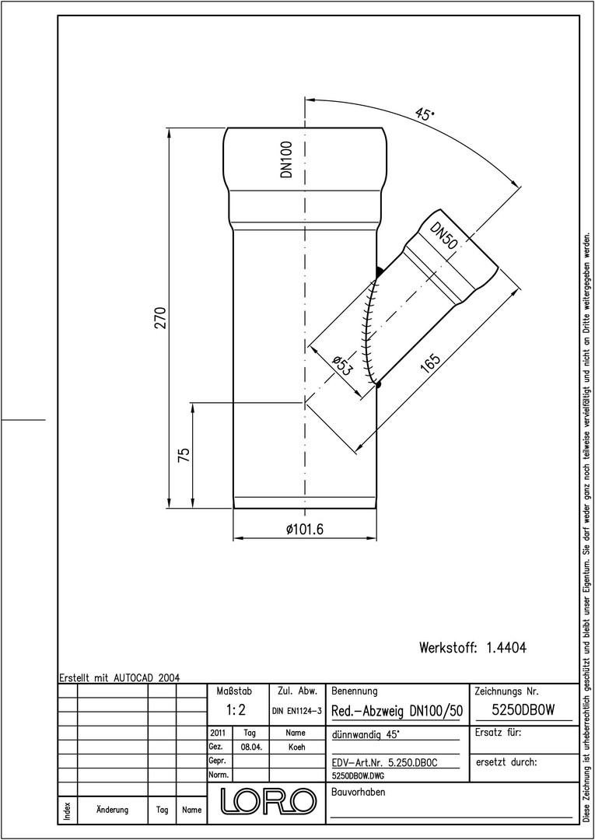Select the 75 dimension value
click(184, 455)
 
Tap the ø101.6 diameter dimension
click(305, 530)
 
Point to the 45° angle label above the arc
click(425, 115)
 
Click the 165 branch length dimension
click(431, 363)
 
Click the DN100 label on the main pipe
click(288, 159)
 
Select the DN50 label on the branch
click(444, 236)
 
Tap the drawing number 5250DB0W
click(523, 710)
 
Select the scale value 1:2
click(236, 711)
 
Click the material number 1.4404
click(506, 648)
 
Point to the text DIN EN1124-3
click(296, 712)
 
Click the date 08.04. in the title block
click(251, 747)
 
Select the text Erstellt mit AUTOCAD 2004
click(120, 677)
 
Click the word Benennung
click(355, 691)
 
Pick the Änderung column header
click(113, 810)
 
